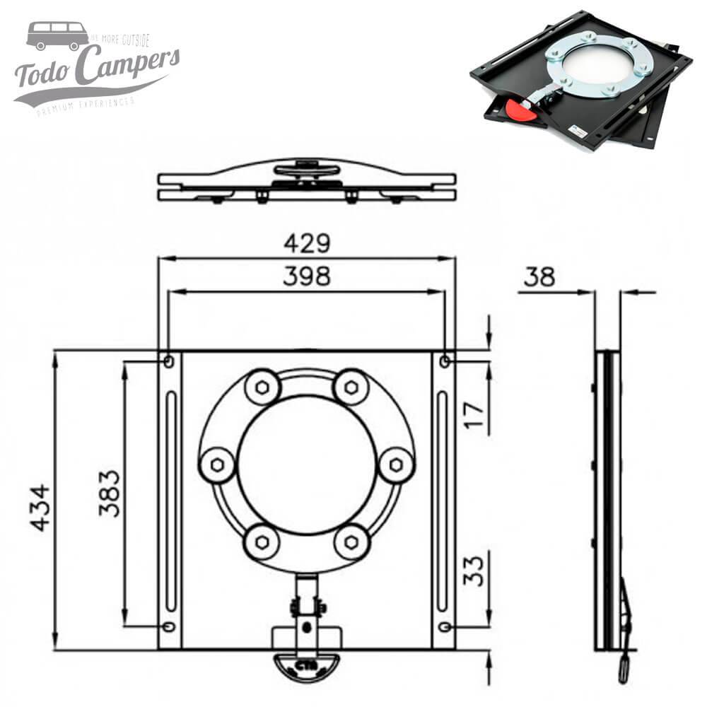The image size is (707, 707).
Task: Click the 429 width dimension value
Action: [307, 244]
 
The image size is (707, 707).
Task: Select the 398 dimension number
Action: [306, 277]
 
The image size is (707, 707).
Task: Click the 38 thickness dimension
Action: [539, 278]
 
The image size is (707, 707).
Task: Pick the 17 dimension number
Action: [475, 416]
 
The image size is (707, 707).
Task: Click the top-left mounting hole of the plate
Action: [168, 361]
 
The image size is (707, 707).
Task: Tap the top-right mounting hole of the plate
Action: [445, 361]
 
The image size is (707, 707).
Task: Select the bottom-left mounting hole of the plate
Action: [168, 626]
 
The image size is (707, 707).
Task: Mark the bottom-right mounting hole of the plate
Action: [444, 626]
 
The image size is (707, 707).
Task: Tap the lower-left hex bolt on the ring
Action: [261, 543]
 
